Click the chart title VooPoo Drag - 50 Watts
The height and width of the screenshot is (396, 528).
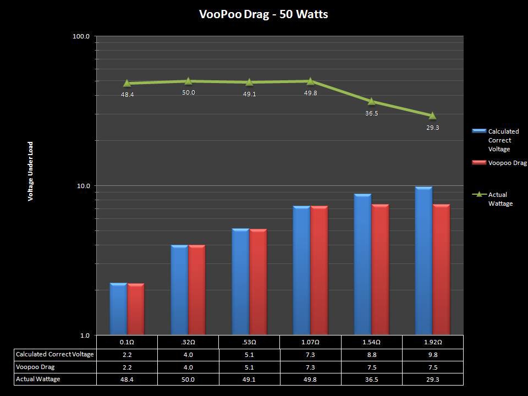point(263,14)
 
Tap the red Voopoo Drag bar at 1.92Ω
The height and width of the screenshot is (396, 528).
point(441,269)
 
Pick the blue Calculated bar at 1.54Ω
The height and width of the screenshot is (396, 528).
point(362,264)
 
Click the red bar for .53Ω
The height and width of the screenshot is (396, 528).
point(258,282)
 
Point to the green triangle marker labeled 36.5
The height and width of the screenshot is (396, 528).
point(371,101)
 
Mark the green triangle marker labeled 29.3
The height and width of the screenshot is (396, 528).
point(432,116)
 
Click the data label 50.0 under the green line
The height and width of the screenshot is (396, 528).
point(189,92)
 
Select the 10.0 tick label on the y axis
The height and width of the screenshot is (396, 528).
point(82,186)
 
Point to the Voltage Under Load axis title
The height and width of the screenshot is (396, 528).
point(31,171)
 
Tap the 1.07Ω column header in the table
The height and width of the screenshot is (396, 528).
point(310,342)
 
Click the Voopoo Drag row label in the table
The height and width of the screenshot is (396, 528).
point(36,367)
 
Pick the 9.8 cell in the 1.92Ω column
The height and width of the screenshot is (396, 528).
point(432,355)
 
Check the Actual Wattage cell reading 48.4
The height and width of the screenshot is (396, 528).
point(128,379)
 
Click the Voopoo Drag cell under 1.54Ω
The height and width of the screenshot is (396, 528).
point(371,367)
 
